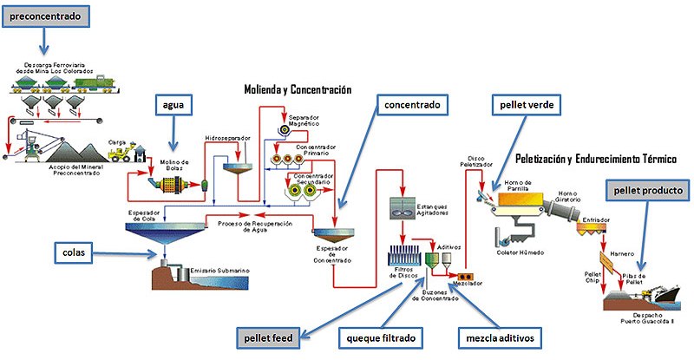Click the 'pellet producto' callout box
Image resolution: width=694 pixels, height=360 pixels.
[x=646, y=189]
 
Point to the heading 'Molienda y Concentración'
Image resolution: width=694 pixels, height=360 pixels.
[x=298, y=88]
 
